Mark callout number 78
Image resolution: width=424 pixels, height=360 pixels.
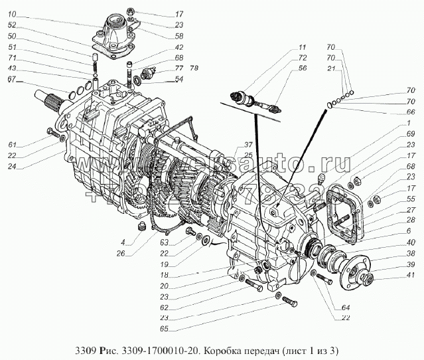194,68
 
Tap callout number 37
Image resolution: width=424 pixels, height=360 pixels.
228,144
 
